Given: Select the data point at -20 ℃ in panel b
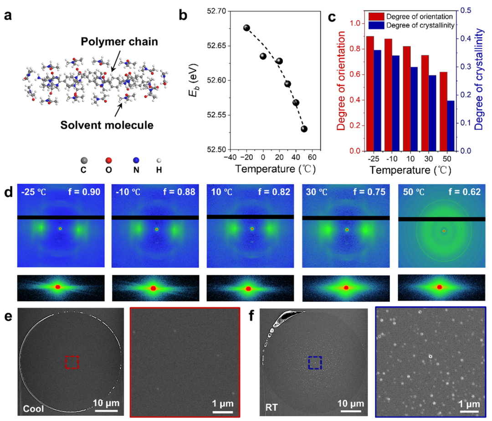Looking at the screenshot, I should tap(247, 28).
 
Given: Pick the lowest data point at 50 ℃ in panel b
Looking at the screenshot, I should tap(304, 129).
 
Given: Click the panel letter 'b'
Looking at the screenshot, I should tap(184, 16).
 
